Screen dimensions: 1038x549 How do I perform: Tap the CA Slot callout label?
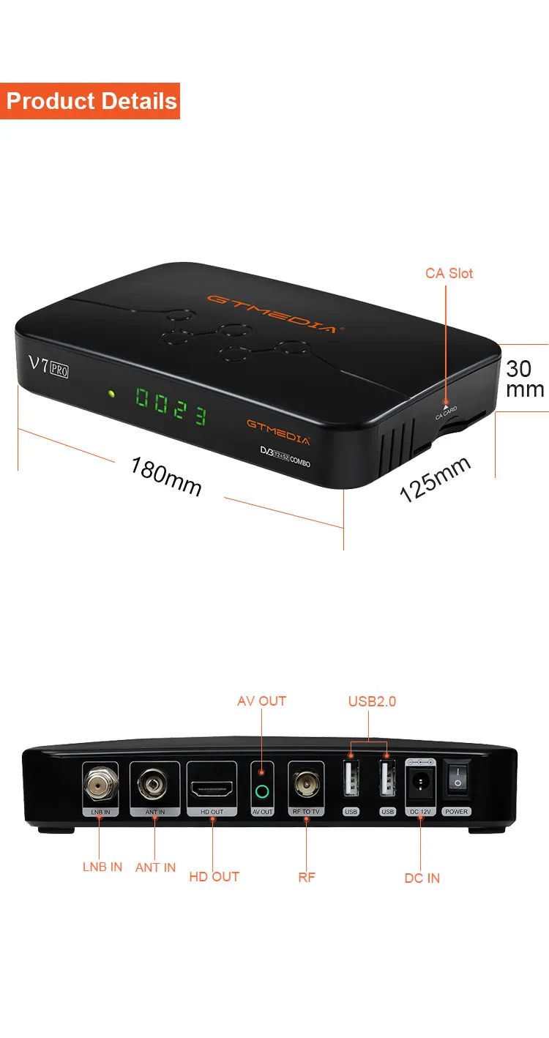click(x=449, y=273)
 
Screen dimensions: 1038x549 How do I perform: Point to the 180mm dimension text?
click(x=165, y=476)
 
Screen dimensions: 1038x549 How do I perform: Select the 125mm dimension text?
click(x=435, y=479)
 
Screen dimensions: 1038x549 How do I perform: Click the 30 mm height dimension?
click(x=525, y=378)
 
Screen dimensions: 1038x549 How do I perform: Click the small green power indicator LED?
click(x=111, y=394)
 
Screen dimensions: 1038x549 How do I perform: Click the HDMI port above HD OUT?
click(x=212, y=788)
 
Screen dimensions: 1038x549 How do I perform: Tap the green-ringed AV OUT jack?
click(x=262, y=791)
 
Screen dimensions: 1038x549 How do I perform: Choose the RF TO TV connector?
click(x=306, y=785)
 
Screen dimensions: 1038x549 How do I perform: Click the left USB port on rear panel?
click(x=351, y=785)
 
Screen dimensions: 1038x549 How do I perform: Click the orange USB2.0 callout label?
click(x=372, y=701)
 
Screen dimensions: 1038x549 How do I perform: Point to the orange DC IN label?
click(x=422, y=878)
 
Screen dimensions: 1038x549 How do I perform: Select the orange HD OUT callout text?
click(x=214, y=876)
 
